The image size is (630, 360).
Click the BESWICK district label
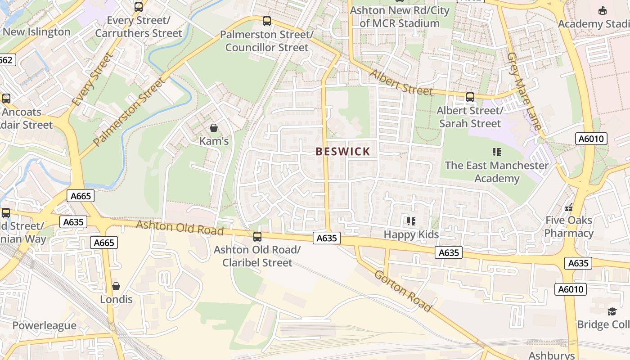tap(343, 152)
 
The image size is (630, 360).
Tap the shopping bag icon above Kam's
tap(214, 128)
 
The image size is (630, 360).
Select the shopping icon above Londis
tap(116, 286)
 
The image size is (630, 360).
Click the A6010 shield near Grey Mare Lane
tap(591, 139)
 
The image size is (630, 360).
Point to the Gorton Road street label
tap(403, 292)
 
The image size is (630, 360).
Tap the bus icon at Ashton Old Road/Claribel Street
tap(257, 236)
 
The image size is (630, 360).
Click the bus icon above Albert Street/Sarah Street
tap(470, 97)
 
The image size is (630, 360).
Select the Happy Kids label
tap(411, 234)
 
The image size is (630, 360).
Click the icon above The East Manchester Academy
tap(497, 152)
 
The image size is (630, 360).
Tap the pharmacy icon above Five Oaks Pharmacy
tap(569, 207)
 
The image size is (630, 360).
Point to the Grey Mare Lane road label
tap(524, 91)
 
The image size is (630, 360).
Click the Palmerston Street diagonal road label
tap(130, 112)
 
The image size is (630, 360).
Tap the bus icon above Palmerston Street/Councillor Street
tap(267, 21)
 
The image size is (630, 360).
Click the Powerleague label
tap(45, 325)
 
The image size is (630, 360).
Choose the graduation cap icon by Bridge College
tap(612, 311)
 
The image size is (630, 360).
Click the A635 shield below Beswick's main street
tap(327, 238)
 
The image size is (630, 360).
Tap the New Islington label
tap(36, 32)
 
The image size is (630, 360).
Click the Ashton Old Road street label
tap(180, 227)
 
